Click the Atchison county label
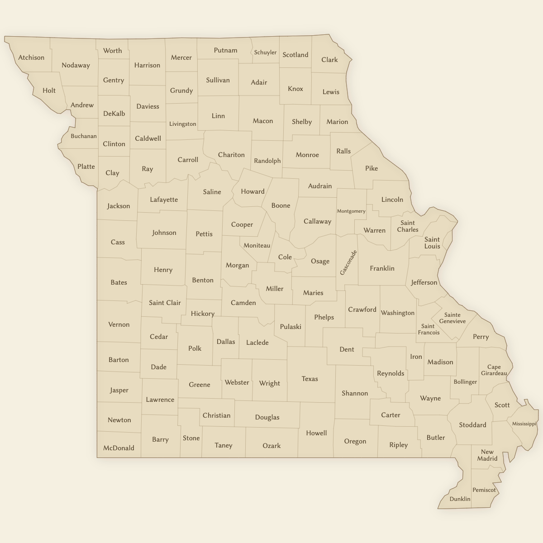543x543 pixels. pyautogui.click(x=31, y=57)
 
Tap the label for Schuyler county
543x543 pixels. pyautogui.click(x=265, y=52)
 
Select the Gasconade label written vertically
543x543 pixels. pyautogui.click(x=348, y=262)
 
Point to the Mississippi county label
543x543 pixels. pyautogui.click(x=524, y=424)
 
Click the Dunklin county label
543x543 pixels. pyautogui.click(x=460, y=499)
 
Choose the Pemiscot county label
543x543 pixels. pyautogui.click(x=484, y=490)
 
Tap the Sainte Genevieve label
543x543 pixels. pyautogui.click(x=452, y=318)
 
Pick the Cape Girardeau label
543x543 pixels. pyautogui.click(x=494, y=370)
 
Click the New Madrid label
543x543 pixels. pyautogui.click(x=487, y=455)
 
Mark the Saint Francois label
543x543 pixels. pyautogui.click(x=428, y=329)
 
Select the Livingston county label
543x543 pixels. pyautogui.click(x=182, y=124)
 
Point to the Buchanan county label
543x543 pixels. pyautogui.click(x=83, y=136)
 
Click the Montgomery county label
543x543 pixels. pyautogui.click(x=351, y=211)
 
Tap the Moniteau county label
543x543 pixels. pyautogui.click(x=257, y=246)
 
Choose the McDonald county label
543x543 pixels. pyautogui.click(x=119, y=448)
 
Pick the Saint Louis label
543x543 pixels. pyautogui.click(x=432, y=243)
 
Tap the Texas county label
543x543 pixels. pyautogui.click(x=310, y=379)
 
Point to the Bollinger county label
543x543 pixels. pyautogui.click(x=465, y=382)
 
